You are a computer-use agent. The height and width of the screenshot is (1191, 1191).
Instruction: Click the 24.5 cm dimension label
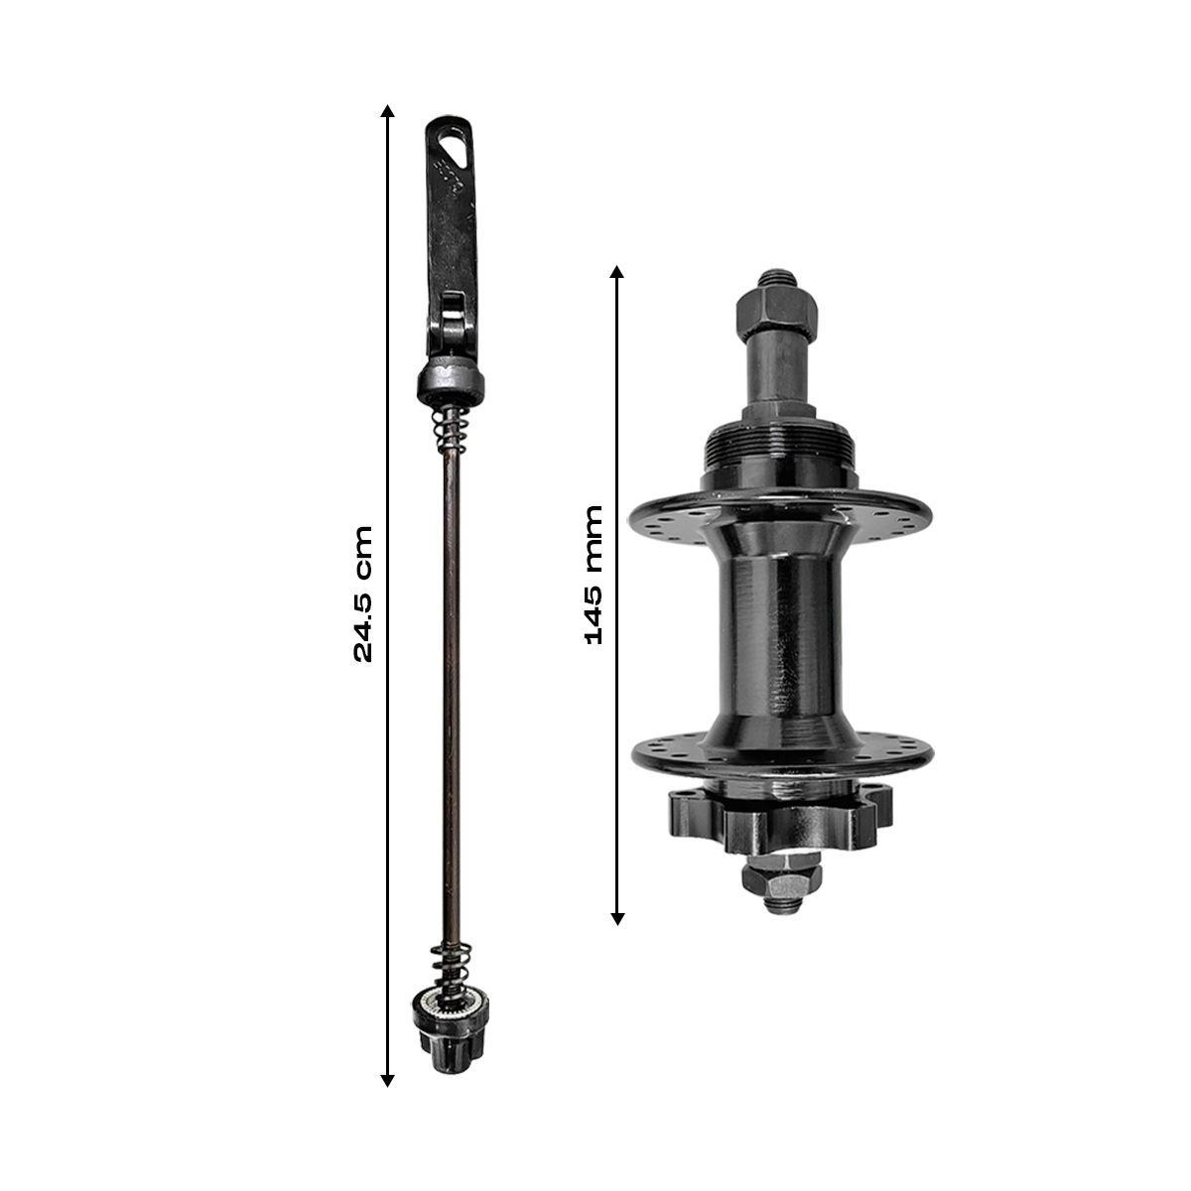(x=363, y=594)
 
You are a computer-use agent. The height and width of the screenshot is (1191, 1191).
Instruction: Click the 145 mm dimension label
(x=594, y=575)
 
